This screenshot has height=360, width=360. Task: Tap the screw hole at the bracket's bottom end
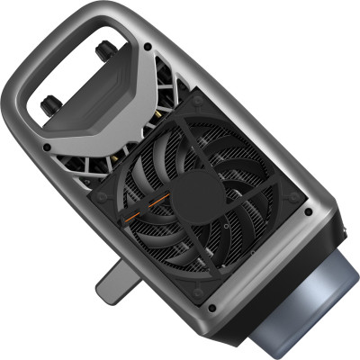coord(44,147)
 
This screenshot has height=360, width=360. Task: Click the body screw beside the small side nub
coord(310,213)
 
